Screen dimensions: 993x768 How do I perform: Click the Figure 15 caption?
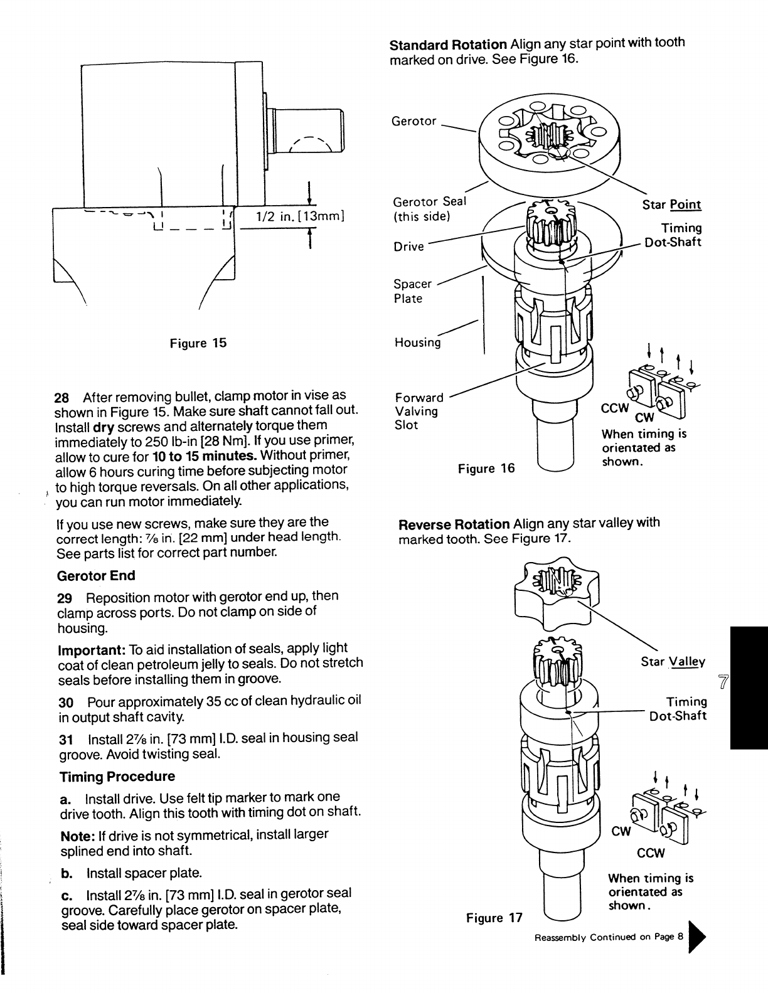click(198, 343)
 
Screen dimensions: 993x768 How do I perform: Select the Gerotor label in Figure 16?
click(413, 121)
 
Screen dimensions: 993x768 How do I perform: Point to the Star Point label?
click(671, 205)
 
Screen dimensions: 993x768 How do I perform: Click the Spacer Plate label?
click(412, 291)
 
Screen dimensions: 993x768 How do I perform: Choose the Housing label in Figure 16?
click(417, 343)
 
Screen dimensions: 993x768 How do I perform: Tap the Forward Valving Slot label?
click(419, 411)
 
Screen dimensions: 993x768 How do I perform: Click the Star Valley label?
click(673, 662)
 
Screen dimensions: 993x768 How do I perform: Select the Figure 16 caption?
click(486, 469)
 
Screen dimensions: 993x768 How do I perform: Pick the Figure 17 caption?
click(494, 918)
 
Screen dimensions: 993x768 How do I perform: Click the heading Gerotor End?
click(96, 575)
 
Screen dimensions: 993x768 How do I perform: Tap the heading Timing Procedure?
click(117, 777)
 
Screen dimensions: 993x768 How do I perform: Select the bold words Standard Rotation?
click(448, 45)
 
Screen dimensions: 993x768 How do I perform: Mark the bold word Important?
click(88, 648)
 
